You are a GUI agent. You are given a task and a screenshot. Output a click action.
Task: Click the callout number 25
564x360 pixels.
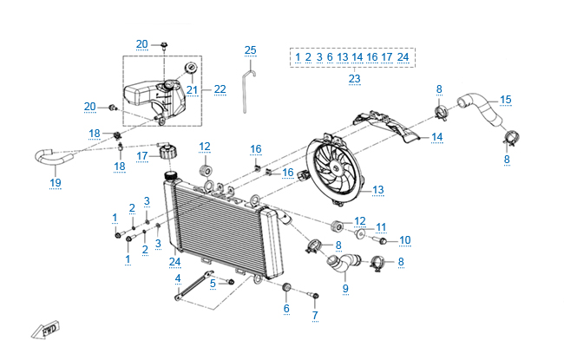251,50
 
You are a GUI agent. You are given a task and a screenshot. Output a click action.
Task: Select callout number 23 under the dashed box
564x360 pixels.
354,79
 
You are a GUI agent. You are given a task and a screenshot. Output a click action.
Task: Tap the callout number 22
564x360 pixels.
220,89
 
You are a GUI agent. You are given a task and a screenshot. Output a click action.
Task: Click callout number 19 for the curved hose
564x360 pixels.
55,182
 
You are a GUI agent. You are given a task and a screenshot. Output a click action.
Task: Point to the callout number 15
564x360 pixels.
506,100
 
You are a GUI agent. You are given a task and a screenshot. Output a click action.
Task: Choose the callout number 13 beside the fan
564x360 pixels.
378,190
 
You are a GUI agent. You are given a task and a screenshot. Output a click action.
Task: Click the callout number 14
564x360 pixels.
436,137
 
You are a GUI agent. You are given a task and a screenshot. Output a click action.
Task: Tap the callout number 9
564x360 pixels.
345,288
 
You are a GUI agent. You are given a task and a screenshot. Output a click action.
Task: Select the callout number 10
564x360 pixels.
404,240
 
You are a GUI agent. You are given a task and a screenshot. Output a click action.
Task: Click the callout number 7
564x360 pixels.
315,315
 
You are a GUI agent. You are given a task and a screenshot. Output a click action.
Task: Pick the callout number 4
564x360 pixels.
177,278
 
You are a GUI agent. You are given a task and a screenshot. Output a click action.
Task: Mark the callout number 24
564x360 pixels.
175,262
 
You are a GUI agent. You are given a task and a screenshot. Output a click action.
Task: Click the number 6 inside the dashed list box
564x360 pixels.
330,57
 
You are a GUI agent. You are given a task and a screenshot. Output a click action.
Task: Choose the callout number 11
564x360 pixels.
381,228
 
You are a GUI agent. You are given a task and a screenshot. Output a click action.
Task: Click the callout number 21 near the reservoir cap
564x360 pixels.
192,89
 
